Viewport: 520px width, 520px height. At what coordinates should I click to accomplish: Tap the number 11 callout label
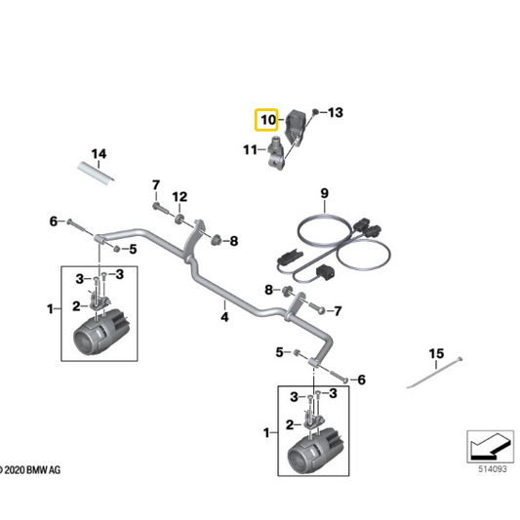(250, 149)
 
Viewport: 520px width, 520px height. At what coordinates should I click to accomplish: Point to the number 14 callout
(97, 154)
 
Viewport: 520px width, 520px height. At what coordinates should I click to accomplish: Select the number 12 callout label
(179, 197)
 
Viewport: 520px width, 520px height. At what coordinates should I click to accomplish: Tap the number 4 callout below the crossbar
(223, 316)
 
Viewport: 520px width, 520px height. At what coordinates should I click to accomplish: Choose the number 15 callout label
(436, 352)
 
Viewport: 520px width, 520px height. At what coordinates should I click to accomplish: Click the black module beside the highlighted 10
(295, 125)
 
